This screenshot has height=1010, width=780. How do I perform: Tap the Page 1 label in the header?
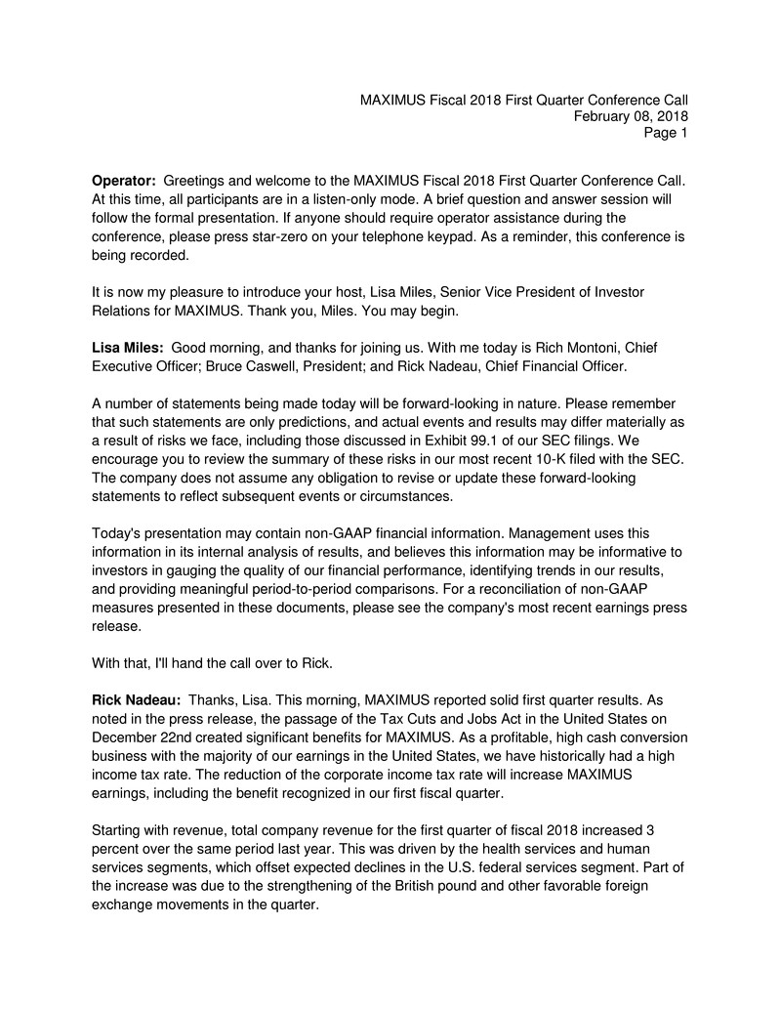[x=666, y=133]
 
